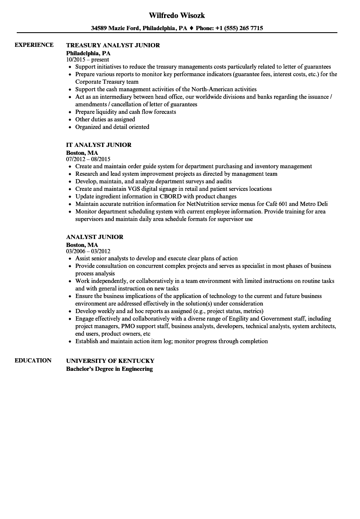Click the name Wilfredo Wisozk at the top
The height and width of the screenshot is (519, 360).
point(177,15)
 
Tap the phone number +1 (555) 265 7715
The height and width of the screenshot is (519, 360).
point(239,28)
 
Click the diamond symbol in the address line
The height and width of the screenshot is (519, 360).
point(191,28)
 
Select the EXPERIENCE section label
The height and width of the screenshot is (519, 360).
point(34,45)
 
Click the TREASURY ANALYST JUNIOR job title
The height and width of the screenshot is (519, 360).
point(113,45)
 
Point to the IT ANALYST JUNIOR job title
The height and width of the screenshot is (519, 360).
point(99,145)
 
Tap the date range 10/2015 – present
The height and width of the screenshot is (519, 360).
point(87,59)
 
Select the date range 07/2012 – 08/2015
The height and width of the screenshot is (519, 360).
point(88,159)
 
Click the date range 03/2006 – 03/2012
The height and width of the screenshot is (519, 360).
point(88,251)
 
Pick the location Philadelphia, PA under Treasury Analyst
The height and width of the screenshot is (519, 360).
point(88,53)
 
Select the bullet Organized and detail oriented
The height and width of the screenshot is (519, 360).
point(112,127)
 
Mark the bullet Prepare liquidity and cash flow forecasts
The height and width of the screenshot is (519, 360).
point(126,112)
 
